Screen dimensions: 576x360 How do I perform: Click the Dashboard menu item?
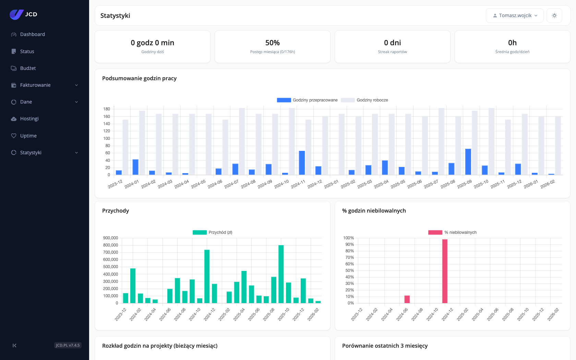[32, 34]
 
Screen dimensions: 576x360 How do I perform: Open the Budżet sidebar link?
[28, 68]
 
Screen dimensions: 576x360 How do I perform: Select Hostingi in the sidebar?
[29, 119]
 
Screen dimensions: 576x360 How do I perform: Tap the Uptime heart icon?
[14, 136]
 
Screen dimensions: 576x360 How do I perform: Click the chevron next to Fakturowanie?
[76, 85]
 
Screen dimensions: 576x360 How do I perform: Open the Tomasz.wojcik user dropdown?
[515, 15]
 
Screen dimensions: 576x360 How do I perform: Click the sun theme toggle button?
[554, 15]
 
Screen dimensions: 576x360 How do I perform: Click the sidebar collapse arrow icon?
[14, 345]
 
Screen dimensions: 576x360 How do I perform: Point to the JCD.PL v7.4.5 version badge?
[68, 345]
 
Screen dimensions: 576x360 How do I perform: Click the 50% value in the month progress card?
[272, 43]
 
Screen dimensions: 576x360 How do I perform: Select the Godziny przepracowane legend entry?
[307, 100]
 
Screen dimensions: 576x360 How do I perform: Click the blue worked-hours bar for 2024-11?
[302, 163]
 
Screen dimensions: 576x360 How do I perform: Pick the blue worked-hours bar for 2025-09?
[468, 162]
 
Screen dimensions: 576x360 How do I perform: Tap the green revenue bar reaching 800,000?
[281, 274]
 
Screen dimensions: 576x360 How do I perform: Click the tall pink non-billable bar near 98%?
[445, 271]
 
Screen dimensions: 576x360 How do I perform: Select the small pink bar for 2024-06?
[407, 299]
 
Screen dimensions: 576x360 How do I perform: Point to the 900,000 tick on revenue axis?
[110, 238]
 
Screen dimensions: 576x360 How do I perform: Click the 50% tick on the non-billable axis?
[349, 271]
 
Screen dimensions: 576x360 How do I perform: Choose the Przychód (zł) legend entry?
[213, 232]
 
